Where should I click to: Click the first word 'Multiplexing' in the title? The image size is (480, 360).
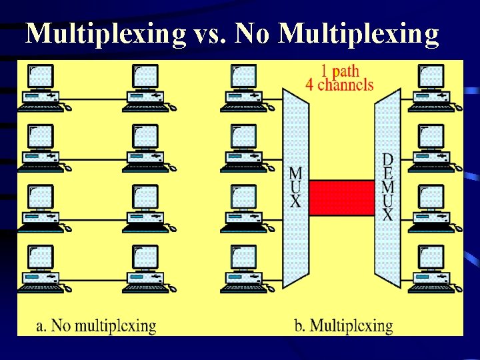pyautogui.click(x=105, y=34)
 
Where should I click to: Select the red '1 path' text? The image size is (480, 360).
pyautogui.click(x=340, y=71)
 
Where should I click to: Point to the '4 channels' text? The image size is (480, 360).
pyautogui.click(x=339, y=85)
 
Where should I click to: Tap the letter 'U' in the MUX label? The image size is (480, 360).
pyautogui.click(x=295, y=187)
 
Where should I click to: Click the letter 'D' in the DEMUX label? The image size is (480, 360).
pyautogui.click(x=387, y=160)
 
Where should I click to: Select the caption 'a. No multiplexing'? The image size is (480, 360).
pyautogui.click(x=97, y=326)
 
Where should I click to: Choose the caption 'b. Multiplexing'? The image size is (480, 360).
pyautogui.click(x=343, y=326)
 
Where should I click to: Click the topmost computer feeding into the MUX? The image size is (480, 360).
pyautogui.click(x=244, y=87)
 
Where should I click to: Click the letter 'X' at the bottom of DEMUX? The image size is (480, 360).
pyautogui.click(x=387, y=215)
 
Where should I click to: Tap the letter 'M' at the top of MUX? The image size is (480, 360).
pyautogui.click(x=295, y=173)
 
